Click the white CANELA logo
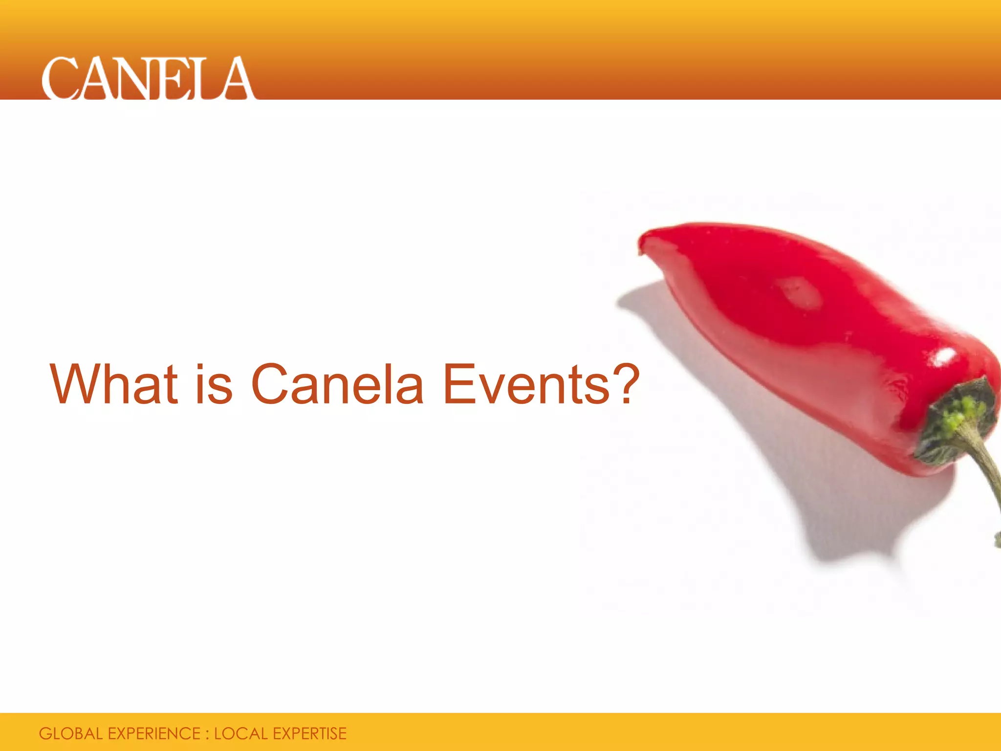(148, 78)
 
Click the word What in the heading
(114, 384)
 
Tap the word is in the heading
(214, 384)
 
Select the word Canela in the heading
(337, 384)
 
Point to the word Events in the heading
(526, 384)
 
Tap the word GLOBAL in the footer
(70, 733)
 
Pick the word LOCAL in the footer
(240, 733)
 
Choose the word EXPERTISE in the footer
(309, 733)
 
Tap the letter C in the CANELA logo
(60, 78)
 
